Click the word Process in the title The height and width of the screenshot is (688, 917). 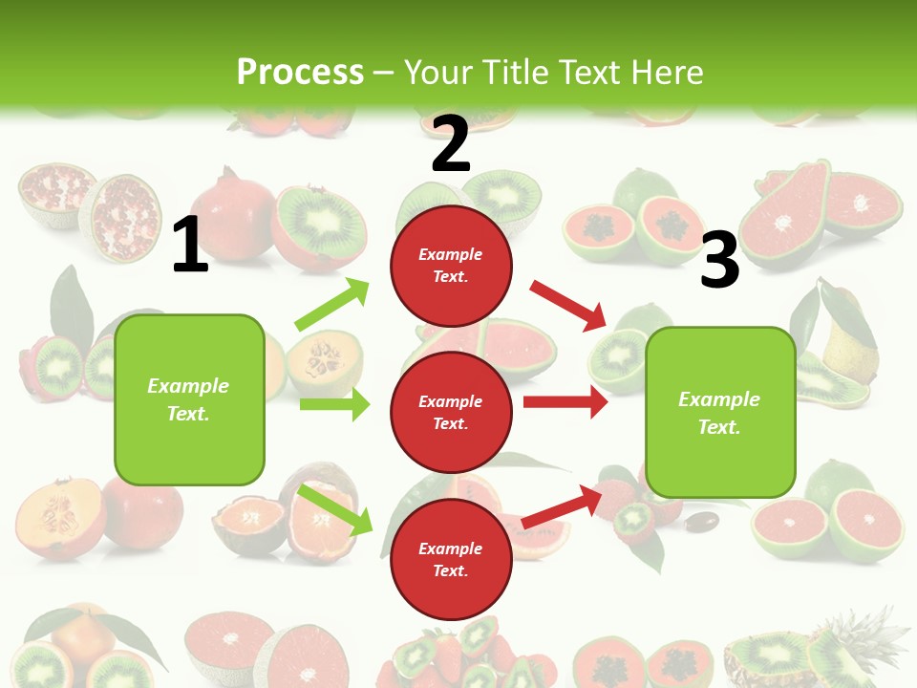click(300, 72)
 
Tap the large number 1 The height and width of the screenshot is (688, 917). click(190, 246)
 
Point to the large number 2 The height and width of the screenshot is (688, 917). click(451, 144)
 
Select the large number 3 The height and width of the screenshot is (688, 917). click(719, 261)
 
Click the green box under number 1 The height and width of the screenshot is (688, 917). click(189, 399)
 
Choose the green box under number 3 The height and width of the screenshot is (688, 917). click(720, 412)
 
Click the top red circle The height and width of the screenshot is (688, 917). click(451, 266)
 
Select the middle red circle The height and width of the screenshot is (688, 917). click(451, 412)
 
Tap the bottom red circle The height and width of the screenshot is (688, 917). click(451, 559)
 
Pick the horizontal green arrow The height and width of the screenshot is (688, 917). click(334, 404)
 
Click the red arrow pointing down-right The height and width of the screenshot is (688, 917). click(569, 305)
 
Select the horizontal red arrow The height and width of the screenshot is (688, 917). click(565, 402)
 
